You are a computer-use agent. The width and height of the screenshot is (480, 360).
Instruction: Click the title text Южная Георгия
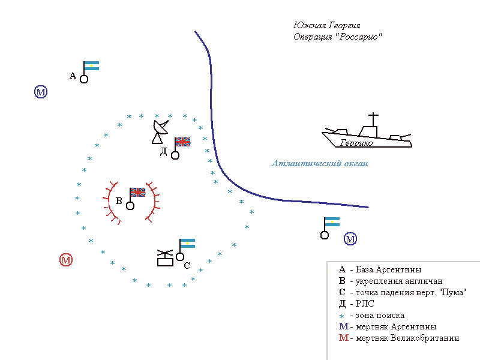click(326, 26)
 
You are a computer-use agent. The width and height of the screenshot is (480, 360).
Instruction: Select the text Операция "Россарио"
click(338, 37)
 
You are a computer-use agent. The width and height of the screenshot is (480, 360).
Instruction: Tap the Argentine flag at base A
click(91, 66)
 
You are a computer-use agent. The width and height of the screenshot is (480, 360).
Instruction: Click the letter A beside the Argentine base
click(73, 76)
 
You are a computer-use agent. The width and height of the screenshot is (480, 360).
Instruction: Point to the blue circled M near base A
click(41, 92)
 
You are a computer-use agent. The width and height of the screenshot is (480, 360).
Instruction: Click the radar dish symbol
click(160, 131)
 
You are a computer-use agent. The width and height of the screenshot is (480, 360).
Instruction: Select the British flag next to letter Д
click(182, 142)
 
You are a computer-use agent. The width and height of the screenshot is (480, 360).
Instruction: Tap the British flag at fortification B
click(138, 192)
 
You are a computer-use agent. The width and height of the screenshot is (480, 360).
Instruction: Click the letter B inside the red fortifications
click(119, 202)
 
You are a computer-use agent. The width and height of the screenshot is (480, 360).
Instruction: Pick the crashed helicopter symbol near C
click(164, 257)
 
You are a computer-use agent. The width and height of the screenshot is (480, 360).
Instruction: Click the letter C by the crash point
click(187, 265)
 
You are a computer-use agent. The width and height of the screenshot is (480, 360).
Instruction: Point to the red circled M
click(66, 260)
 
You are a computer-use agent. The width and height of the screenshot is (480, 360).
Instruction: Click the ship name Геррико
click(356, 143)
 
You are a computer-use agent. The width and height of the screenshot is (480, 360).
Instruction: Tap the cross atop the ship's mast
click(373, 116)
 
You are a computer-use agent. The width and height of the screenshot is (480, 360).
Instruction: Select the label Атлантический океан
click(319, 163)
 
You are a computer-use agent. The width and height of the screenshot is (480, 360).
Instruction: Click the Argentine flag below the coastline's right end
click(331, 222)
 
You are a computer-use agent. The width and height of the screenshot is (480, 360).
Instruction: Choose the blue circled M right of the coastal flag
click(350, 239)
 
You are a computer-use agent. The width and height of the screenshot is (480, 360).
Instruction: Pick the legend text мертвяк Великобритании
click(407, 338)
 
